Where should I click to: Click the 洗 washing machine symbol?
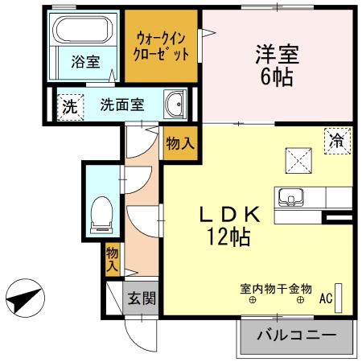tap(69, 105)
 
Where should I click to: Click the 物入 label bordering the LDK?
tap(178, 144)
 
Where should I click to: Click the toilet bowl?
tap(101, 212)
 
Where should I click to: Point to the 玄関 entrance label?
tap(140, 298)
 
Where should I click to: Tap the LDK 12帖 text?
tap(229, 225)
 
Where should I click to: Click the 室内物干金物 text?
tap(275, 286)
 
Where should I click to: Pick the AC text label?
tap(326, 298)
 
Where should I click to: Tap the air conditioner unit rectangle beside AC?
tap(339, 297)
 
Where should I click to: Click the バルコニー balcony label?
tap(295, 335)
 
